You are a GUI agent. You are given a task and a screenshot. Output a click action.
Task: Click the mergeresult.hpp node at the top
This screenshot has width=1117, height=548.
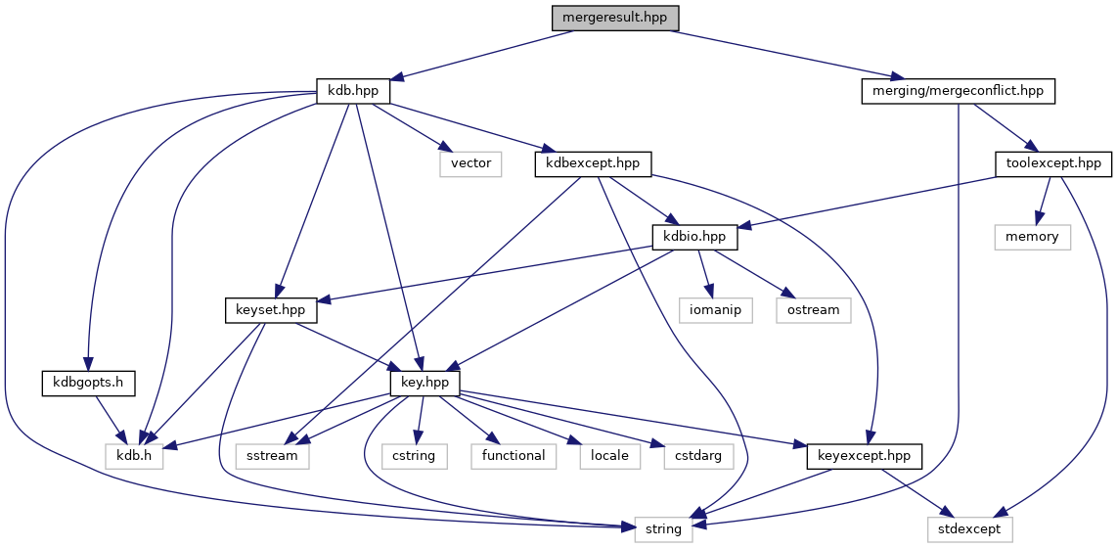pos(614,18)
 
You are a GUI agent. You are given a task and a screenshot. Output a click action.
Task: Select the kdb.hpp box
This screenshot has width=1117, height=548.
pos(353,91)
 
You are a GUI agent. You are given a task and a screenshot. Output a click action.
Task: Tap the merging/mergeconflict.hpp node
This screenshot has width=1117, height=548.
pos(958,91)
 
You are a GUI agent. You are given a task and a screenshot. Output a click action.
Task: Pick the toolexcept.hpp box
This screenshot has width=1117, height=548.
pos(1052,163)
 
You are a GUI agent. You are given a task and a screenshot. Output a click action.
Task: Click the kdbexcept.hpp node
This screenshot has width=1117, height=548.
pos(594,163)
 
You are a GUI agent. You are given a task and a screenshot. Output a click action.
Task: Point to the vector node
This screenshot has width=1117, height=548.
pos(470,163)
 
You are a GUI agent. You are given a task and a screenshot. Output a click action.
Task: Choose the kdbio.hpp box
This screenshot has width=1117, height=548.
pos(694,237)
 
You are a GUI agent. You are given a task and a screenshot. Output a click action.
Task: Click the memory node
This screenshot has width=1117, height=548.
pos(1033,237)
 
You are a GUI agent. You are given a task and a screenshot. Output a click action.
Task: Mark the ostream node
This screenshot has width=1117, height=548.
pos(813,310)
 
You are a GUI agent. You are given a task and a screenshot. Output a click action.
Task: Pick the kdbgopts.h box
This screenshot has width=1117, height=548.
pos(87,383)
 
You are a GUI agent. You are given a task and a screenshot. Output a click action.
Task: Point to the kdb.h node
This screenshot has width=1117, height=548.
pos(134,456)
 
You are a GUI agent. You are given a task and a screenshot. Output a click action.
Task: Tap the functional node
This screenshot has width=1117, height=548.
pos(514,456)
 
